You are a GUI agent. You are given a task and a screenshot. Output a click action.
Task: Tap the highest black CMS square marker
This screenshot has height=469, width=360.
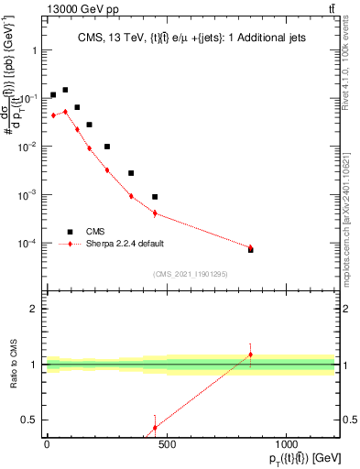65,90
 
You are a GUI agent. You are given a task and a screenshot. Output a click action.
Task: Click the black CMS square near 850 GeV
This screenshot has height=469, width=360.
250,249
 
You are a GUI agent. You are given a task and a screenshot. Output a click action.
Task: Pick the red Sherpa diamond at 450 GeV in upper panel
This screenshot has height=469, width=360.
155,213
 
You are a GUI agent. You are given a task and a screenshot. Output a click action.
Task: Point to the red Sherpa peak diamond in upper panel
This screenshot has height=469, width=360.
65,112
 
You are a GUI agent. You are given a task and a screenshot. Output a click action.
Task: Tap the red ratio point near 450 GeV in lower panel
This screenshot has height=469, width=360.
155,428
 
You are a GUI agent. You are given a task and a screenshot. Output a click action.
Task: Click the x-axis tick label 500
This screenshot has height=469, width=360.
166,444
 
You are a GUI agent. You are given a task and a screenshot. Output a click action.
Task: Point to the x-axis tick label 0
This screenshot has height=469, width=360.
47,444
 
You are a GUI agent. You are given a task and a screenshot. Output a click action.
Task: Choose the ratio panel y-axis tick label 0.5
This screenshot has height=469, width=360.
29,420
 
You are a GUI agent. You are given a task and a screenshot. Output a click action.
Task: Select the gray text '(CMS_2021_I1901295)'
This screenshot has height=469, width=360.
190,274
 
